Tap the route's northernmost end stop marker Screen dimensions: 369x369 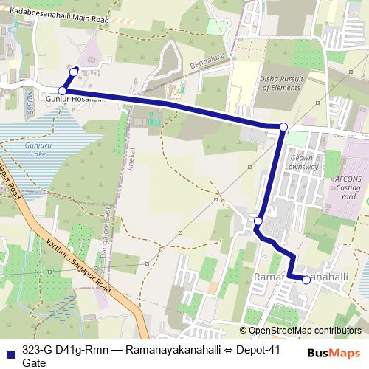click(x=74, y=71)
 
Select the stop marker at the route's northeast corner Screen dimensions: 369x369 click(x=283, y=128)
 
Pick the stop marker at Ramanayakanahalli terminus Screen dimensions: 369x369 click(x=306, y=279)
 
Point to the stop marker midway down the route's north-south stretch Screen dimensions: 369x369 click(x=258, y=221)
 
